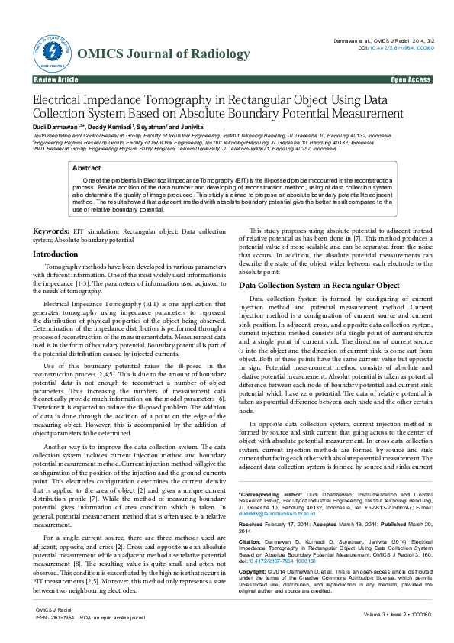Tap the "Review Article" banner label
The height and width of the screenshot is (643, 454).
(x=56, y=79)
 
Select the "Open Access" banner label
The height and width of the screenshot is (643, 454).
(x=411, y=79)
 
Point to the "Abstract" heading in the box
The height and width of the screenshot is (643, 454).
(x=85, y=167)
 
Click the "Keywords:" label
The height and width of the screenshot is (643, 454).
(x=52, y=231)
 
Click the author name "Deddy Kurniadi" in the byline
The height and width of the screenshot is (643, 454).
(x=110, y=125)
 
